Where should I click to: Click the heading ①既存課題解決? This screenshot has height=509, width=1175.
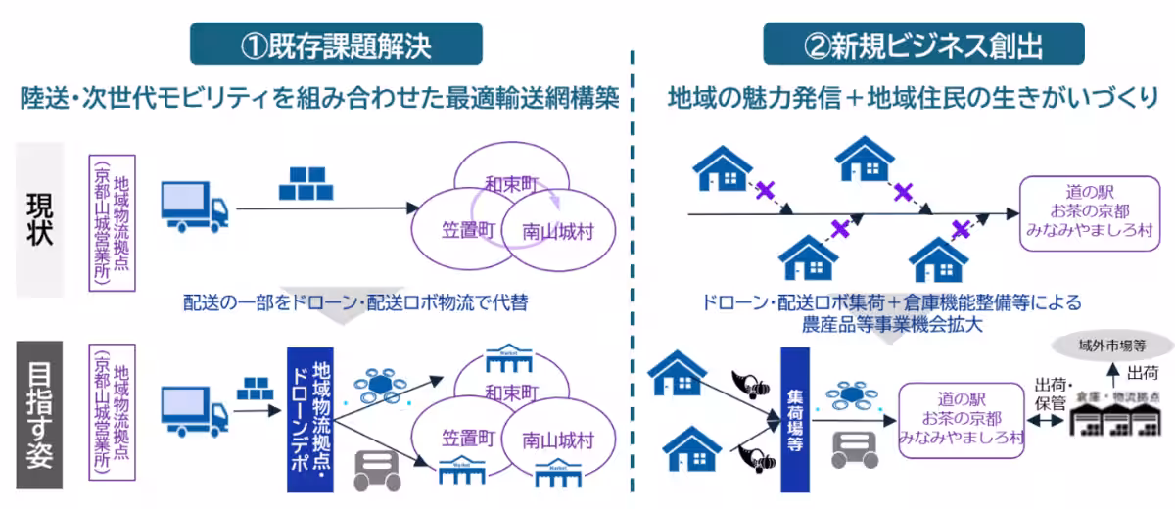(336, 45)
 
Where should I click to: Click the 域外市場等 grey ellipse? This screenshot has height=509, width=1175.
(1111, 344)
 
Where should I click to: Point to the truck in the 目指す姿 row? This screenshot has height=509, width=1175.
(194, 411)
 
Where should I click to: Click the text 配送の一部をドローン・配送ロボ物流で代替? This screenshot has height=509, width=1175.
(355, 302)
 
